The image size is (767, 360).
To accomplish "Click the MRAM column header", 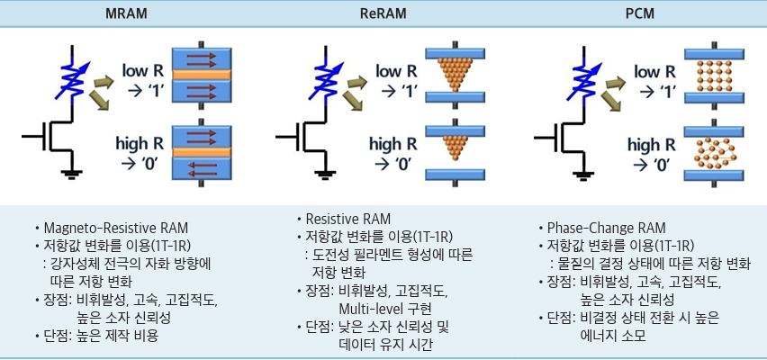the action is point(126,13).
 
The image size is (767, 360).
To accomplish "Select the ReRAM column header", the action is point(383,13).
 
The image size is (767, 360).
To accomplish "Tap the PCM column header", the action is point(640,13).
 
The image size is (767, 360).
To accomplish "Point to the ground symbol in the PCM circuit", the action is point(582,173).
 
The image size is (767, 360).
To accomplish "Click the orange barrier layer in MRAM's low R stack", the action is point(201,75).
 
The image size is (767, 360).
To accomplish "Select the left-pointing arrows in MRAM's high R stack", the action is point(202,169).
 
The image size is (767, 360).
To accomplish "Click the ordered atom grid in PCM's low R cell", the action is point(714,76).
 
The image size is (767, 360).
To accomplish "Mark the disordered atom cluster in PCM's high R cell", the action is point(714,153).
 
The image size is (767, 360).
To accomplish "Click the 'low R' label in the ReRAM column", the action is point(396,71).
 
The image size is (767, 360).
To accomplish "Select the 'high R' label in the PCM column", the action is point(651,145).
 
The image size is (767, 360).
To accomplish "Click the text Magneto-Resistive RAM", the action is point(115,228).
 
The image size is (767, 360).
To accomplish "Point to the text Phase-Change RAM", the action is point(606,228).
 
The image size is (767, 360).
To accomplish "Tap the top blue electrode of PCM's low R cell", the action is point(714,54).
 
